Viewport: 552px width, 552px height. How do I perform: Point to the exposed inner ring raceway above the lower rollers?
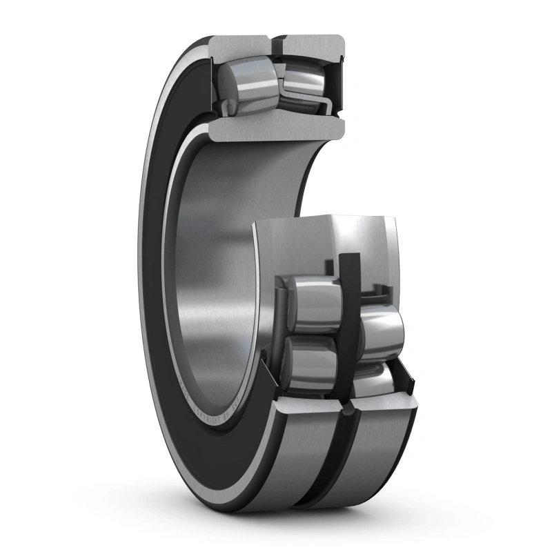click(324, 245)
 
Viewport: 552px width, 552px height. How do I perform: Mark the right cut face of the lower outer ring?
click(383, 407)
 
